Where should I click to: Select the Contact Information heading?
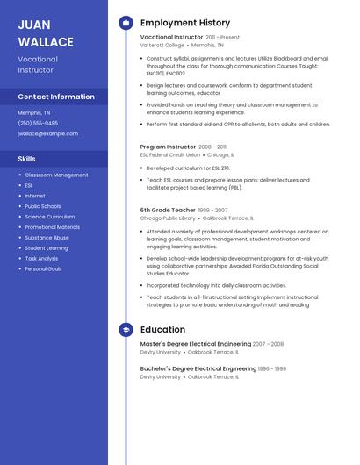(56, 97)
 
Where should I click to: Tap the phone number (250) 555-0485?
(38, 123)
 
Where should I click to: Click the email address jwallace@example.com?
(47, 133)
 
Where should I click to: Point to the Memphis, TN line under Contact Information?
(34, 112)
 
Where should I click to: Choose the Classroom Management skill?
(56, 175)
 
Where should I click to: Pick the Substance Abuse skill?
(47, 237)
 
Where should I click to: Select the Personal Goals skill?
(43, 268)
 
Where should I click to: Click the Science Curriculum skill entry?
(49, 216)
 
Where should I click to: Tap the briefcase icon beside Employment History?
(126, 23)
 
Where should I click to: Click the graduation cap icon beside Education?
(126, 330)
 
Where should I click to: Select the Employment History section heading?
(184, 23)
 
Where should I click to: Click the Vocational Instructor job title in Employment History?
(171, 39)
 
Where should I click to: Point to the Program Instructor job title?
(168, 147)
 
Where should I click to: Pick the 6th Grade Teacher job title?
(166, 211)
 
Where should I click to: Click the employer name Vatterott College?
(162, 45)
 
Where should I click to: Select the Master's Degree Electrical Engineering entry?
(195, 344)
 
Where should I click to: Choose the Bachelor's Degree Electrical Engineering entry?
(198, 368)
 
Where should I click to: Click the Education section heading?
(162, 330)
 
